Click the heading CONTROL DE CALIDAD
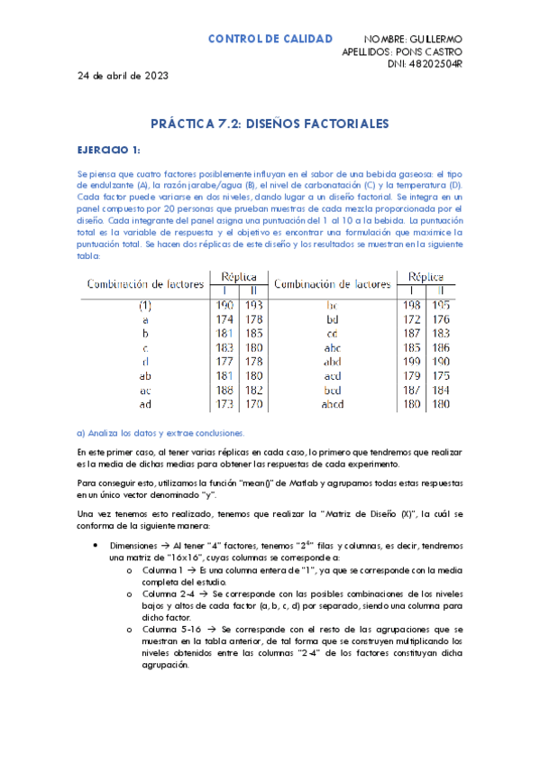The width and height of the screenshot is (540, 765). pyautogui.click(x=270, y=39)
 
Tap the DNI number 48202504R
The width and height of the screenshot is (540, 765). pyautogui.click(x=435, y=63)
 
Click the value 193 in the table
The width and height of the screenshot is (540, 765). pyautogui.click(x=254, y=306)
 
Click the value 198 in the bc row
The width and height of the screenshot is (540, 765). pyautogui.click(x=412, y=306)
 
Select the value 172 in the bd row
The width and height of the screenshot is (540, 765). pyautogui.click(x=412, y=318)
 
